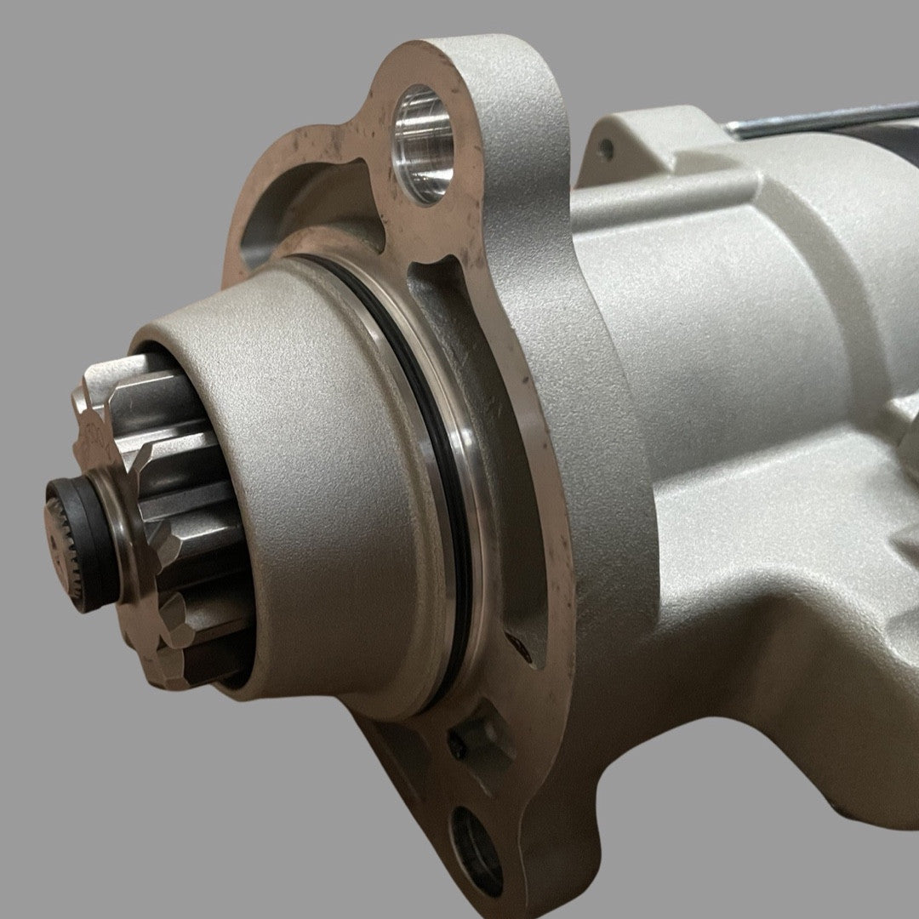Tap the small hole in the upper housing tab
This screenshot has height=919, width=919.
pos(605,150)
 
